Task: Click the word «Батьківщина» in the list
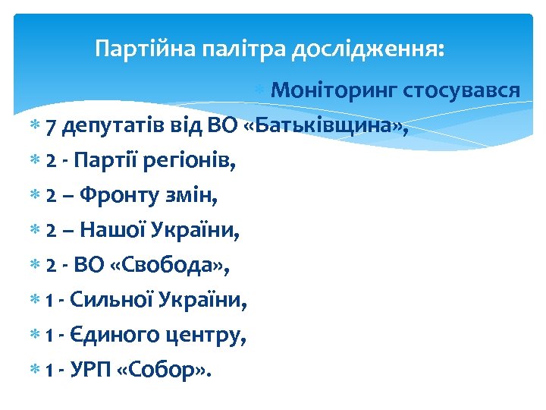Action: (328, 126)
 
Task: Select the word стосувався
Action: (462, 91)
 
